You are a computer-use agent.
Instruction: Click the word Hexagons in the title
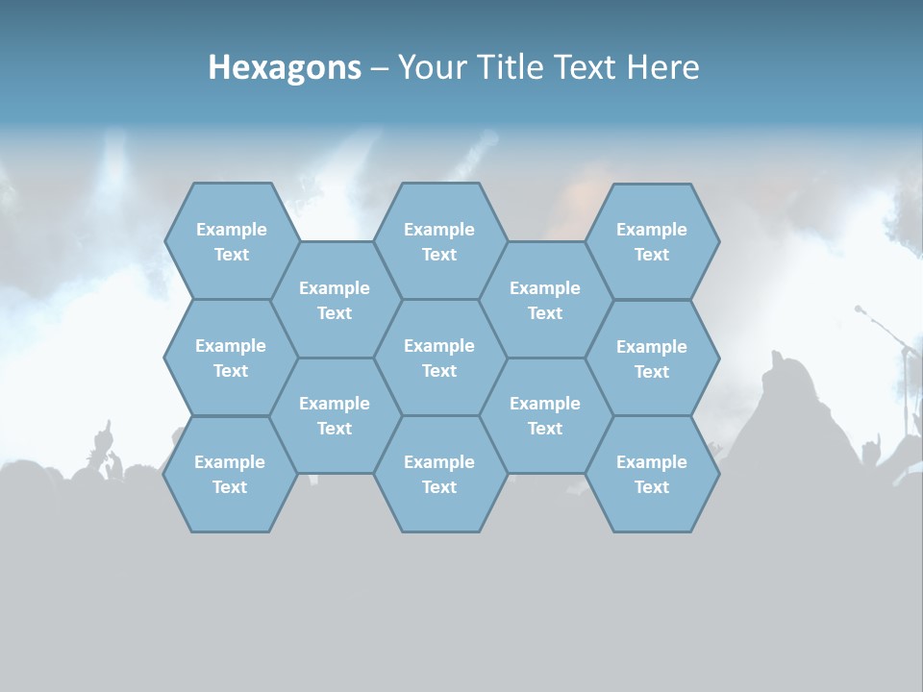(285, 67)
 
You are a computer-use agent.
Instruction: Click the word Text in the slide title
(589, 67)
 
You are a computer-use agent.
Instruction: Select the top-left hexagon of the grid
(231, 241)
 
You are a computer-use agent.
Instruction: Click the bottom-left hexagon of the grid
(230, 474)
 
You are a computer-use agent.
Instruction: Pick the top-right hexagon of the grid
(652, 241)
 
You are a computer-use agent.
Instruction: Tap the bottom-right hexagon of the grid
(652, 474)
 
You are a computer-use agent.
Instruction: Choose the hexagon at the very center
(439, 358)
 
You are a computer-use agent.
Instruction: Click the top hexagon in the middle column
(439, 241)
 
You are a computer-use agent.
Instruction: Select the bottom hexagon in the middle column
(439, 474)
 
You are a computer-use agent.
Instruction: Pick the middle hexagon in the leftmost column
(231, 358)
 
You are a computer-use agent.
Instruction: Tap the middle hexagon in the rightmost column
(652, 358)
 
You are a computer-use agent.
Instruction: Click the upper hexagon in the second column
(335, 300)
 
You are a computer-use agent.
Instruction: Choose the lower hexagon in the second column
(335, 415)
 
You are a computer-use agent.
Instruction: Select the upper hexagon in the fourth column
(545, 300)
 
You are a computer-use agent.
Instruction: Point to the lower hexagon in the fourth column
(545, 415)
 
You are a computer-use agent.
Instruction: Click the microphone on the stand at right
(860, 309)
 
